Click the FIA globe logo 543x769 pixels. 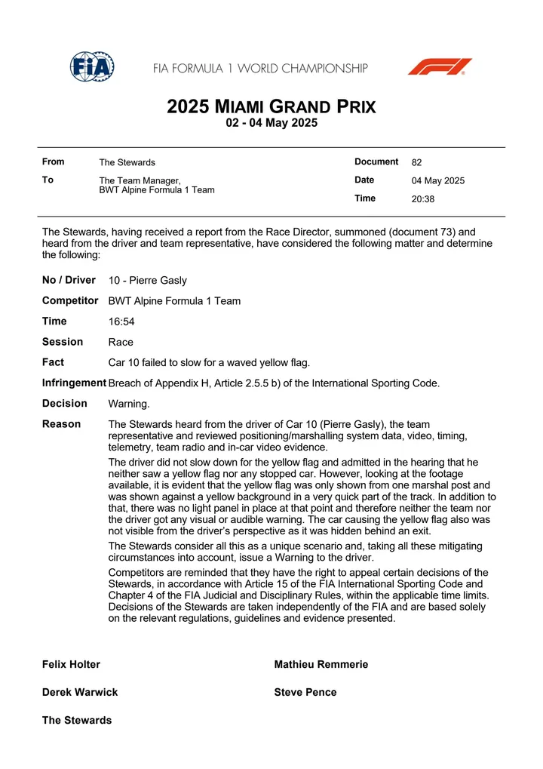pyautogui.click(x=92, y=68)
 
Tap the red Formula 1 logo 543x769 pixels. pyautogui.click(x=440, y=67)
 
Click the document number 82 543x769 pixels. pyautogui.click(x=417, y=162)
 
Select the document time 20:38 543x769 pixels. pyautogui.click(x=423, y=199)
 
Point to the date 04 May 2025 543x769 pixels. pyautogui.click(x=438, y=181)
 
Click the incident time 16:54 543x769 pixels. pyautogui.click(x=121, y=321)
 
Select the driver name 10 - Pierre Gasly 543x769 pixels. pyautogui.click(x=148, y=281)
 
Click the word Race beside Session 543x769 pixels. pyautogui.click(x=121, y=342)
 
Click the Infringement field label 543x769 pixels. pyautogui.click(x=74, y=383)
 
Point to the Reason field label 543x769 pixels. pyautogui.click(x=62, y=424)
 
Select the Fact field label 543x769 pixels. pyautogui.click(x=53, y=362)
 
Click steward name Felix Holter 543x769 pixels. pyautogui.click(x=71, y=665)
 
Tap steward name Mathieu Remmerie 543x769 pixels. pyautogui.click(x=321, y=665)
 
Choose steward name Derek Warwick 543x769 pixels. pyautogui.click(x=80, y=692)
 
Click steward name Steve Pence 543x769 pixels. pyautogui.click(x=305, y=692)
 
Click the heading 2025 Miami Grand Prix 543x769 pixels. pyautogui.click(x=271, y=106)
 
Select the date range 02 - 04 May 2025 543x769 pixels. pyautogui.click(x=271, y=124)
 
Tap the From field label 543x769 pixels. pyautogui.click(x=54, y=161)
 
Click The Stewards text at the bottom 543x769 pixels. pyautogui.click(x=77, y=720)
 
